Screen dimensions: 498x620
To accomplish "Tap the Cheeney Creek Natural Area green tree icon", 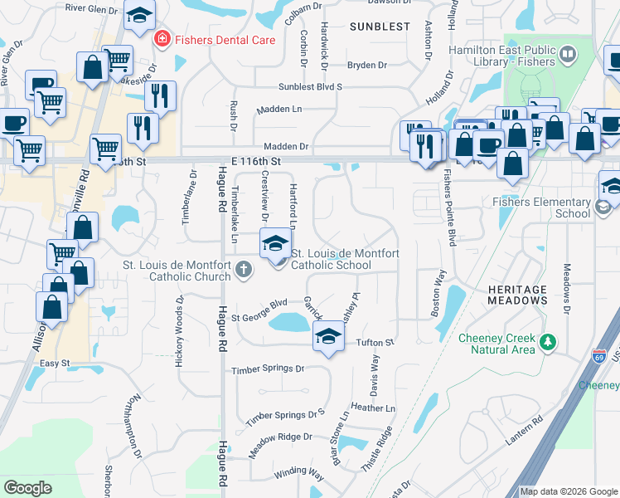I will (x=546, y=342).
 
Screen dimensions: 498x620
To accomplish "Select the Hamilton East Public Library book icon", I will (x=568, y=56).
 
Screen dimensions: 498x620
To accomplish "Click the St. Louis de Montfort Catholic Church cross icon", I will (x=243, y=268).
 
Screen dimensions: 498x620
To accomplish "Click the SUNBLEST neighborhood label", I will (x=380, y=27).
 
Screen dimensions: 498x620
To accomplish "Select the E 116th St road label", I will (x=257, y=160).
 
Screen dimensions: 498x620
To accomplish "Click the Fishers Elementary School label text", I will (x=553, y=207).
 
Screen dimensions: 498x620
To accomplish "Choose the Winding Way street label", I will (x=299, y=472).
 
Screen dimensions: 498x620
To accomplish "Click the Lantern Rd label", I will (x=525, y=432).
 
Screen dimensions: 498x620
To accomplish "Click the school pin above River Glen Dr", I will (x=139, y=14).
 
